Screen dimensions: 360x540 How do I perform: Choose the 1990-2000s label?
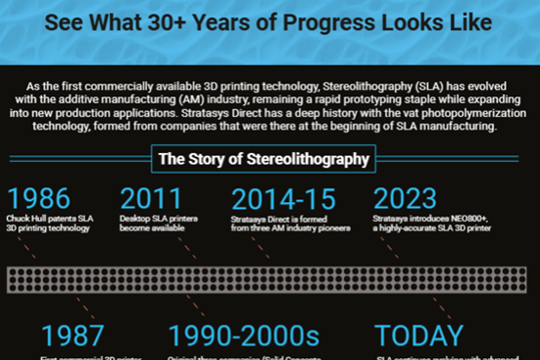(244, 335)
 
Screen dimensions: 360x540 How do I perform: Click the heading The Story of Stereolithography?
(264, 158)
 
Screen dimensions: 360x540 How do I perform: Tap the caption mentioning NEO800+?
(432, 223)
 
